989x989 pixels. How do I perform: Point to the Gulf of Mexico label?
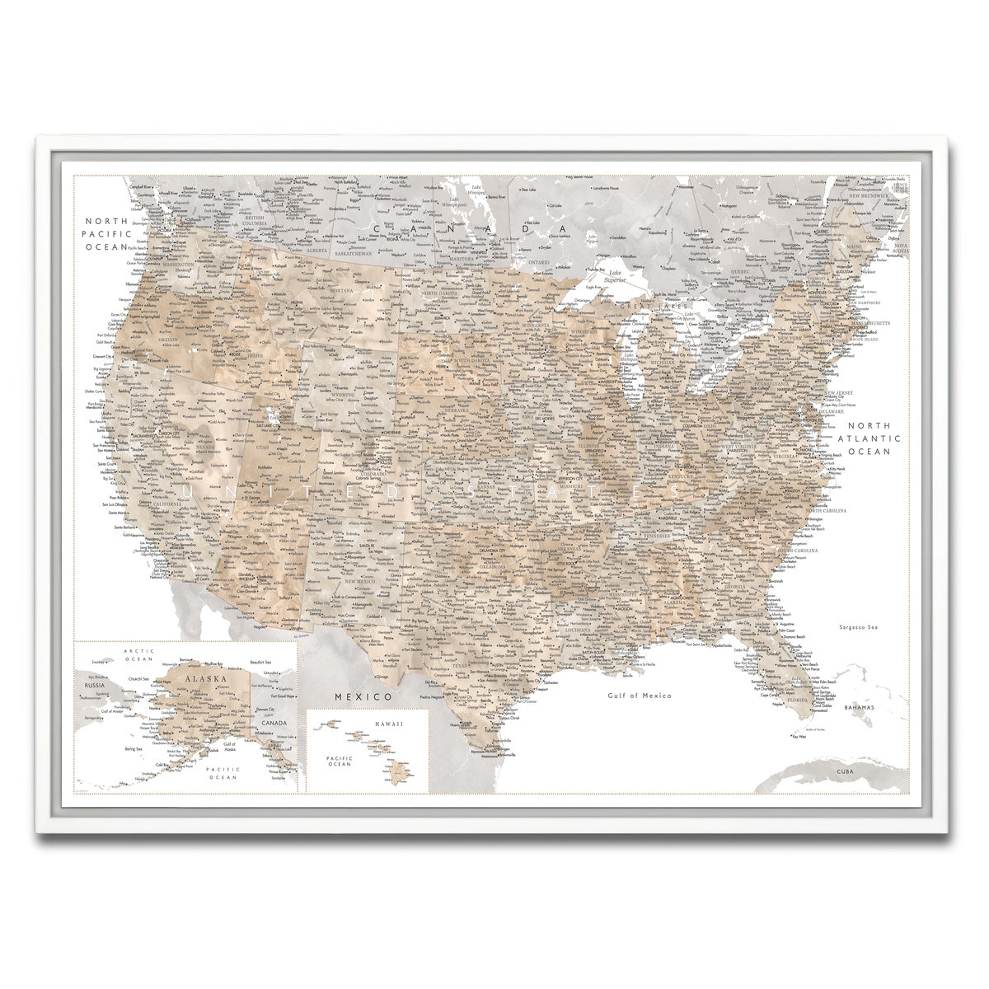(639, 696)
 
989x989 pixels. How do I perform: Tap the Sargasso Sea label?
(856, 628)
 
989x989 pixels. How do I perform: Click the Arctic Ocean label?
(139, 654)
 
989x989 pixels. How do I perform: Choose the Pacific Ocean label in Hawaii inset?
(339, 760)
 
